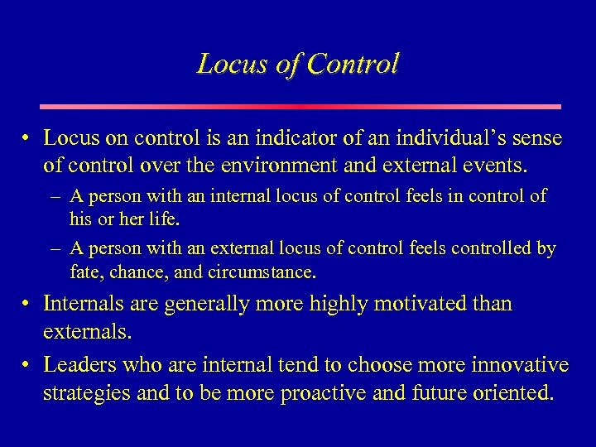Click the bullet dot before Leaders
[x=28, y=365]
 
